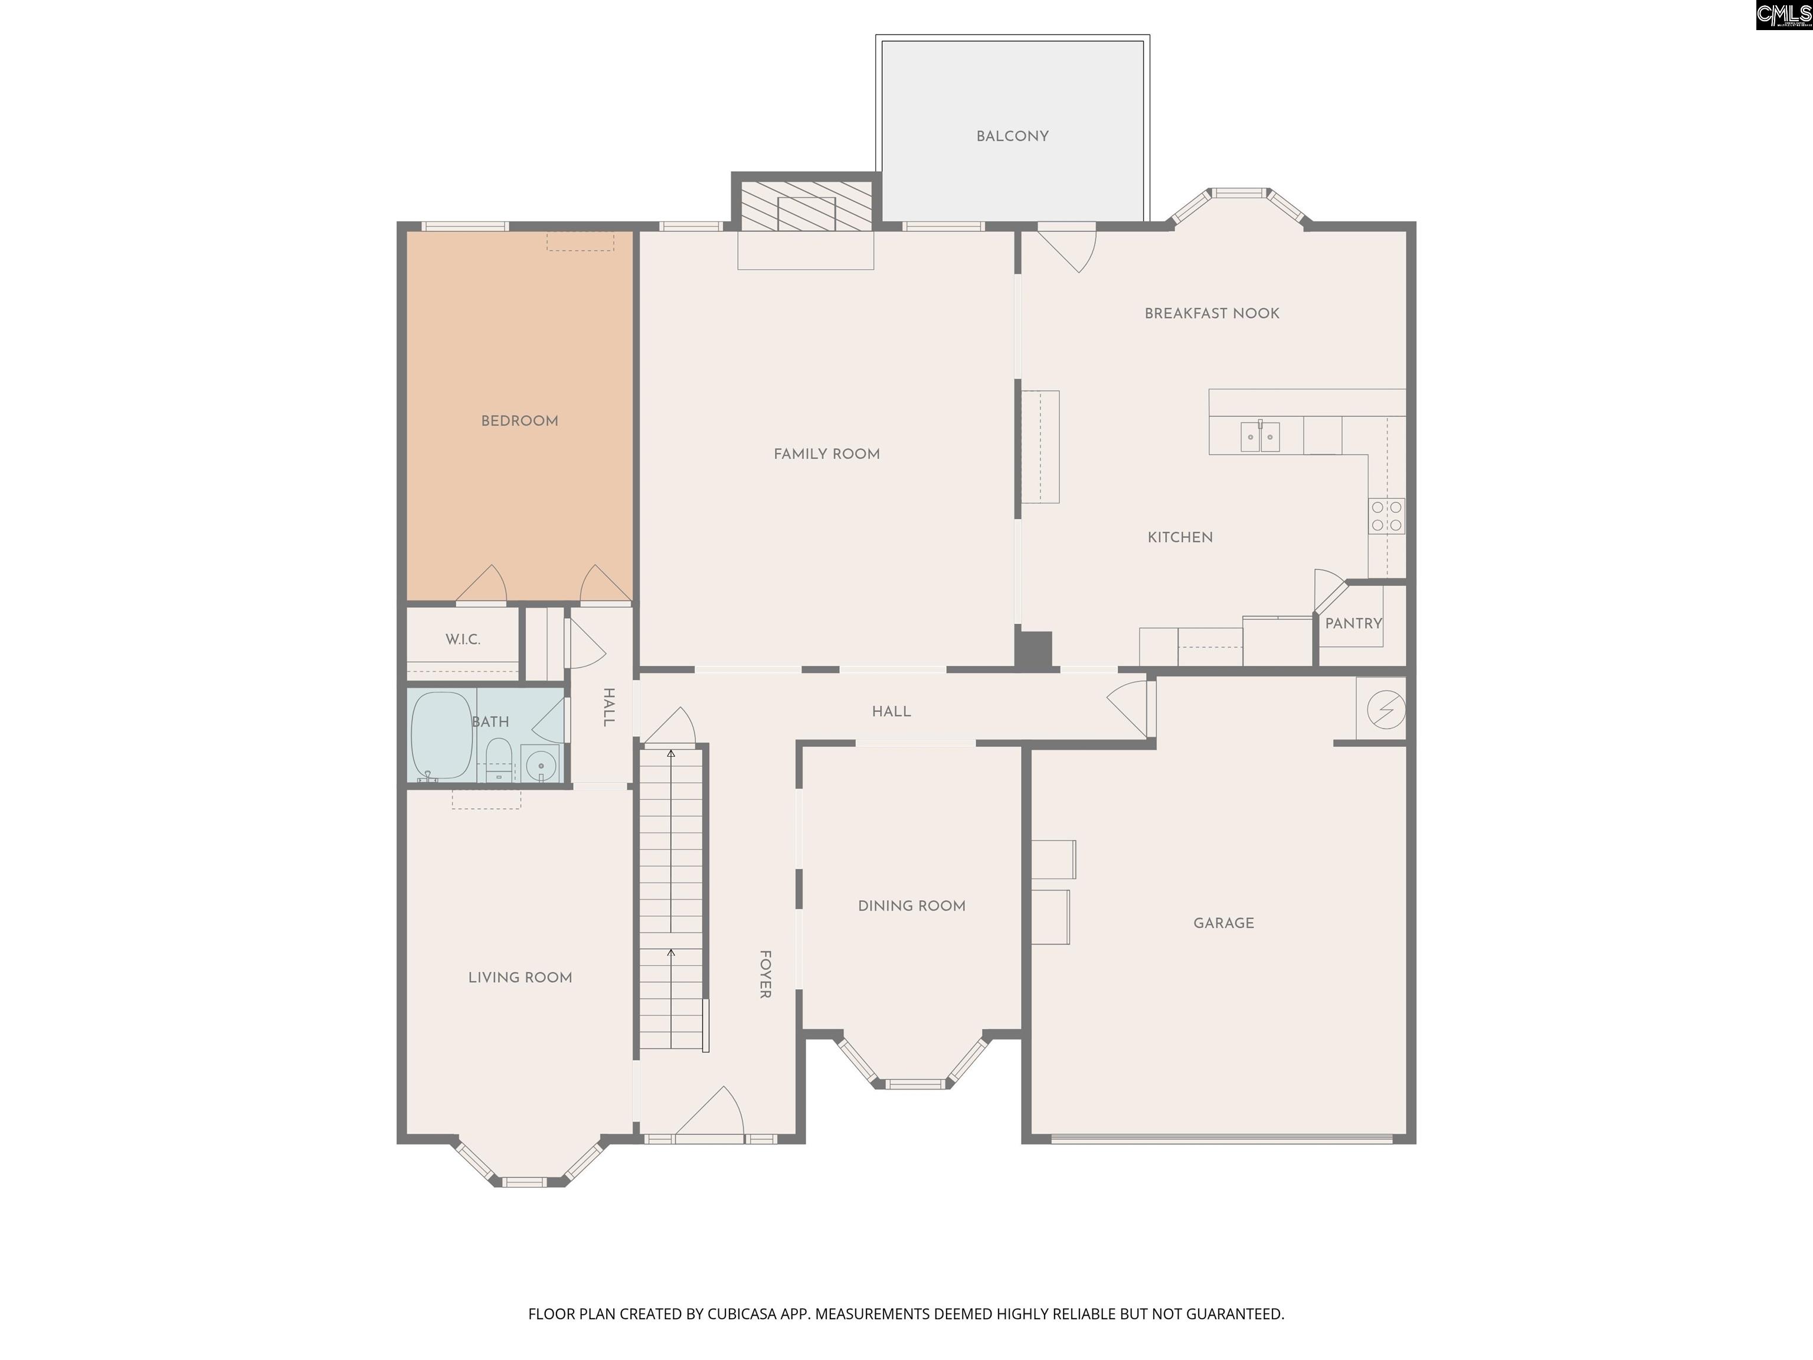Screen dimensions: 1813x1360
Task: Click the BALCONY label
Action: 1012,136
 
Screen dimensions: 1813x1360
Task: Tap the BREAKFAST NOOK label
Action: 1212,313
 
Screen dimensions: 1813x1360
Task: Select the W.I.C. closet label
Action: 463,639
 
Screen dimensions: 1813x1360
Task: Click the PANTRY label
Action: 1353,623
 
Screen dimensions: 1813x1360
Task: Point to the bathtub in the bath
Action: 441,735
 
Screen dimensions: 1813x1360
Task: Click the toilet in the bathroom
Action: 498,759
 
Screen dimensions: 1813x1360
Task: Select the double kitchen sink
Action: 1260,436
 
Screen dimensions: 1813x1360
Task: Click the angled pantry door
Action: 1330,590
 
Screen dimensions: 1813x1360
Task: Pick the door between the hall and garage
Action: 1132,706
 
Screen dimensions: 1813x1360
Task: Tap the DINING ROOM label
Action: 911,906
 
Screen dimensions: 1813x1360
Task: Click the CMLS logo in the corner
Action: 1783,15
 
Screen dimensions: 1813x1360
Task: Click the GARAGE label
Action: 1223,923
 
